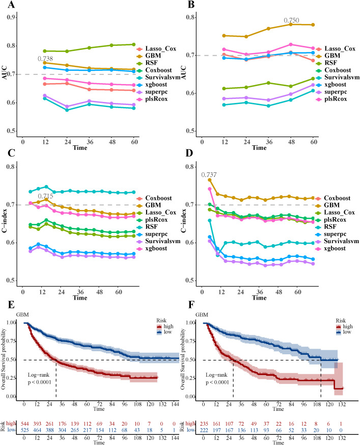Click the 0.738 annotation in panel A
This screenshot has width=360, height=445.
pyautogui.click(x=45, y=59)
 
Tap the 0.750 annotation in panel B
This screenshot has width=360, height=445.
pyautogui.click(x=291, y=20)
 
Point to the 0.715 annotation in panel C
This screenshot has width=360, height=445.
pyautogui.click(x=45, y=196)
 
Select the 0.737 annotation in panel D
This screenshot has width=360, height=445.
pyautogui.click(x=209, y=174)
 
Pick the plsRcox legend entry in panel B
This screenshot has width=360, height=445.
pyautogui.click(x=331, y=99)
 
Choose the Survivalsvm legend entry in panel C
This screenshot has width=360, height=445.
pyautogui.click(x=158, y=241)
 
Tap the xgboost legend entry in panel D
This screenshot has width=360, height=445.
pyautogui.click(x=331, y=249)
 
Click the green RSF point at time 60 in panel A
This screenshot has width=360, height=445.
pyautogui.click(x=134, y=44)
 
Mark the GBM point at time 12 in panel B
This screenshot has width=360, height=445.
pyautogui.click(x=224, y=36)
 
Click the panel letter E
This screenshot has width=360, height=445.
pyautogui.click(x=11, y=305)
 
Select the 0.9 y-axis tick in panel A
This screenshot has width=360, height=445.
pyautogui.click(x=11, y=17)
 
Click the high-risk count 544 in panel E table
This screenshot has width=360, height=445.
pyautogui.click(x=24, y=424)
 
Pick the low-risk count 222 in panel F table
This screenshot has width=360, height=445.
pyautogui.click(x=204, y=430)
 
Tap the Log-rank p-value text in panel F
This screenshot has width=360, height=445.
pyautogui.click(x=217, y=379)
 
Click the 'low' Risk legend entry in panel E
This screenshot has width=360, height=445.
pyautogui.click(x=164, y=332)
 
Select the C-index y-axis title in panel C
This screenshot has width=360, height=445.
pyautogui.click(x=4, y=221)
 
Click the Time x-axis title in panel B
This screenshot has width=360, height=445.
pyautogui.click(x=259, y=148)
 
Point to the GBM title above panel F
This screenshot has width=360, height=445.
pyautogui.click(x=202, y=315)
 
